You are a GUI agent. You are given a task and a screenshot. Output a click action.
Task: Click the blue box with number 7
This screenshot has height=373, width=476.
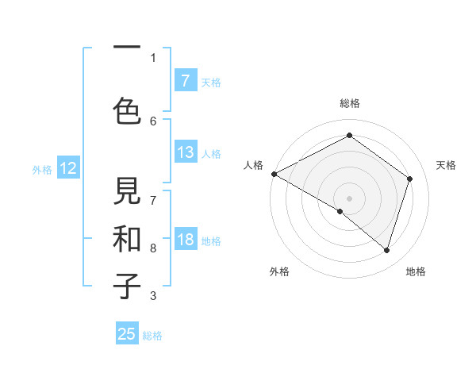(185, 81)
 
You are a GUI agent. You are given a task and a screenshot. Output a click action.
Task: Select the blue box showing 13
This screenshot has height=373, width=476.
(185, 152)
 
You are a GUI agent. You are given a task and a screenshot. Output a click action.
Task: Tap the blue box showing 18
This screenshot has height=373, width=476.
(185, 240)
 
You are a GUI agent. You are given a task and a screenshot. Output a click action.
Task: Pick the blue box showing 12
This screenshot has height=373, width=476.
(67, 168)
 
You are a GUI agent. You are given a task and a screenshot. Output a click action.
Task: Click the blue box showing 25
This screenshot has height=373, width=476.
(127, 334)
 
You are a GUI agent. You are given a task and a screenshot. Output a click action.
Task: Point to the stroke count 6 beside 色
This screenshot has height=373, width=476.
(153, 121)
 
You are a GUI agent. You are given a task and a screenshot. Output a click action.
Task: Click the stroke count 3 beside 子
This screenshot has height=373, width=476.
(153, 296)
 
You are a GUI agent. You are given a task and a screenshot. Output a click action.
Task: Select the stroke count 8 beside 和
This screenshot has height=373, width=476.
(153, 248)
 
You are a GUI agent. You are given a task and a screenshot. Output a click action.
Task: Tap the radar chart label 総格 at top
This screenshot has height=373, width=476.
(349, 103)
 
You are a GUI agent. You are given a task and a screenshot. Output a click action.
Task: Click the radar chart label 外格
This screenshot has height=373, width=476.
(279, 272)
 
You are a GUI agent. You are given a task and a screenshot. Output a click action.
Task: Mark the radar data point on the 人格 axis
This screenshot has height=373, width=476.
(274, 174)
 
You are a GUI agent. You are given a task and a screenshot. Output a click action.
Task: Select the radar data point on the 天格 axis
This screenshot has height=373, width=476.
(409, 179)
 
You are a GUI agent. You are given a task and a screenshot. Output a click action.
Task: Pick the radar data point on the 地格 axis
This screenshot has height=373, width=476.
(386, 250)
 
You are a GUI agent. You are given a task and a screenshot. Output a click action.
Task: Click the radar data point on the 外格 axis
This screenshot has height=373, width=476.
(340, 211)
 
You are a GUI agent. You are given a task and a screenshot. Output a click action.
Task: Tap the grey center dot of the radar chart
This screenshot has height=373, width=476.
(349, 198)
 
